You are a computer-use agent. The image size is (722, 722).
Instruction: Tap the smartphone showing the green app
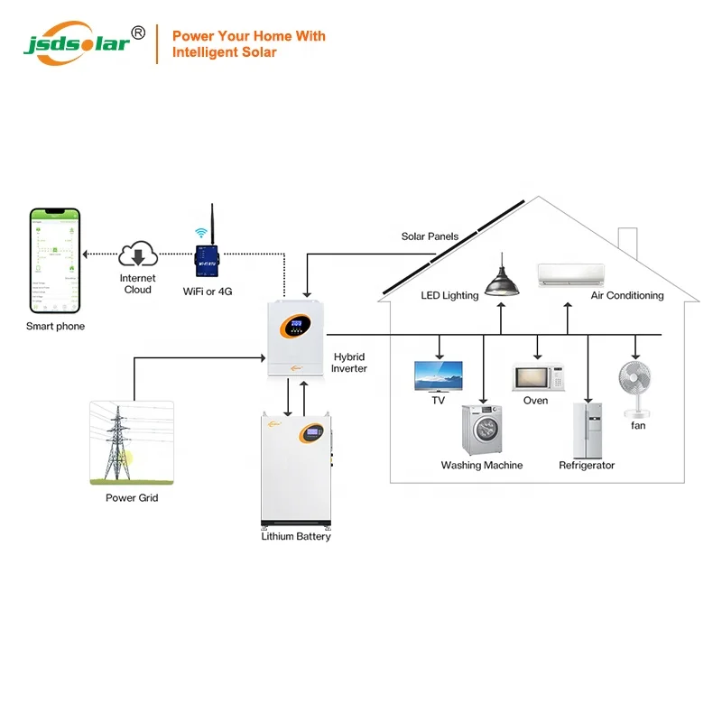coord(56,261)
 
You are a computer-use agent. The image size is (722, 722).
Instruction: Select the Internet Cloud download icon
coord(138,254)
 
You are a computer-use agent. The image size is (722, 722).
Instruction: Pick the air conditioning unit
coord(570,273)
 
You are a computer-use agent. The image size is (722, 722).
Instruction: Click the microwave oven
coord(538,376)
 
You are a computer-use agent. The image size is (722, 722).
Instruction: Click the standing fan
coord(636,388)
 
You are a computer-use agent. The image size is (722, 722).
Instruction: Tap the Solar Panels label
coord(430,236)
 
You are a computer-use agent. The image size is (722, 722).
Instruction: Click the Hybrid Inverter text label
coord(349,363)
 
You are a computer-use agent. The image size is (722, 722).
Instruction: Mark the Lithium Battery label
coord(295,536)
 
